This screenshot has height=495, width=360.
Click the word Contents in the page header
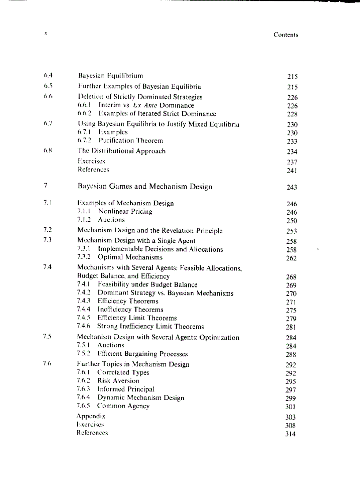click(285, 35)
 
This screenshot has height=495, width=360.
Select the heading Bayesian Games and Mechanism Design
click(145, 186)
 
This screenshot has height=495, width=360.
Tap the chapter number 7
click(45, 186)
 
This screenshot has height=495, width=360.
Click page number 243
click(292, 187)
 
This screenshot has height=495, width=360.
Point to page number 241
click(292, 171)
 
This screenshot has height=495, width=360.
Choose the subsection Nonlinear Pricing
click(125, 212)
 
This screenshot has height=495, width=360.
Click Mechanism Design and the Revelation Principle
click(150, 231)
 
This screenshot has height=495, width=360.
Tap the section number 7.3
click(48, 240)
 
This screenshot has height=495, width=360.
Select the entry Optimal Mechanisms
click(130, 257)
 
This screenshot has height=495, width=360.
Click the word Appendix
click(91, 416)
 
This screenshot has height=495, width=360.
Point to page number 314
click(291, 434)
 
